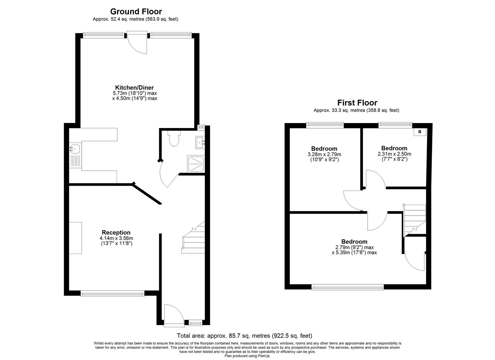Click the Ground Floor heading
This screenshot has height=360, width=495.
click(x=136, y=12)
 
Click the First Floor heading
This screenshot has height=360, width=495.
click(x=357, y=103)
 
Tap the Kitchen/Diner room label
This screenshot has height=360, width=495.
click(x=134, y=88)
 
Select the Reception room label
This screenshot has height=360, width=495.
click(x=116, y=232)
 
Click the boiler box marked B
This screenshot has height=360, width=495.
click(x=420, y=132)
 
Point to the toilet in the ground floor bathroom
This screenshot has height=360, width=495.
click(x=174, y=139)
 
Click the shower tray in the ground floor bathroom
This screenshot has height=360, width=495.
click(x=196, y=164)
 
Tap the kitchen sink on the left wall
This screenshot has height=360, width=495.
click(x=75, y=149)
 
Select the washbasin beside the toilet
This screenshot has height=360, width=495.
click(x=200, y=142)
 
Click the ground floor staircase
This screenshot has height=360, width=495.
click(x=193, y=238)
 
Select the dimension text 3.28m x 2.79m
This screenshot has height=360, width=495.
click(x=324, y=154)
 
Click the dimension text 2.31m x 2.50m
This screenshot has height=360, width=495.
click(x=394, y=154)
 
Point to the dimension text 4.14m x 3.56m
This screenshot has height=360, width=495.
click(x=116, y=238)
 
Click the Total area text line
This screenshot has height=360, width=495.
click(x=244, y=336)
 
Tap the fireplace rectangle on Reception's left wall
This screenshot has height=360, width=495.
click(x=75, y=238)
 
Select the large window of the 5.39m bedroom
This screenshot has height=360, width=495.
click(x=348, y=287)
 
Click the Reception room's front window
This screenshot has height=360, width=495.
click(x=112, y=293)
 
